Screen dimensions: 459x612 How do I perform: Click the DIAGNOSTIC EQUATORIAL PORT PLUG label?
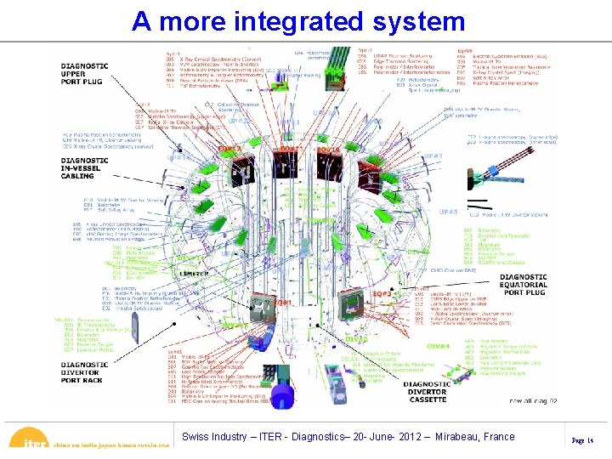[x=524, y=284]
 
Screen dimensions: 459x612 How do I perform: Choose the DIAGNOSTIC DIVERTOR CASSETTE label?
[x=433, y=392]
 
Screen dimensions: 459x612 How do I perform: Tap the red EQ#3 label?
[x=382, y=293]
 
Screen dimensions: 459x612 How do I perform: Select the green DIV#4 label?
[x=438, y=346]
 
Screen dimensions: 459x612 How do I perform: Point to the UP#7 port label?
[x=433, y=156]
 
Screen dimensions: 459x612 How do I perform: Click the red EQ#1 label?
[x=282, y=302]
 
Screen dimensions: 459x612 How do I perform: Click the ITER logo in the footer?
[x=35, y=442]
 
